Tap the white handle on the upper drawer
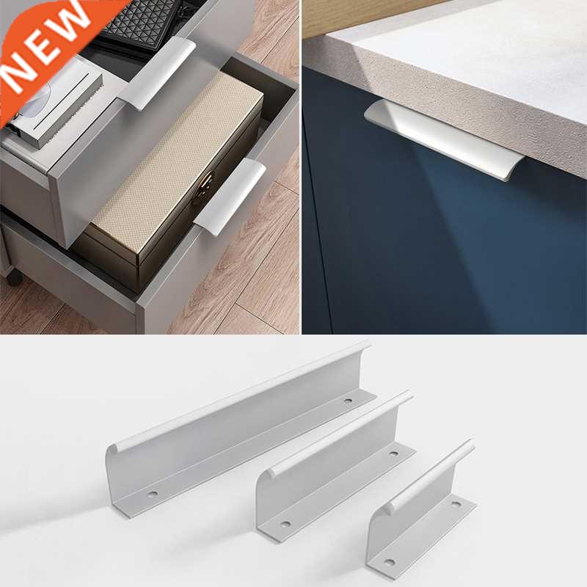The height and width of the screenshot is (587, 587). (158, 73)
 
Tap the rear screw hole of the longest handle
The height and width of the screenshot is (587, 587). (348, 401)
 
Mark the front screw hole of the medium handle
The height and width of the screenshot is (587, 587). (285, 524)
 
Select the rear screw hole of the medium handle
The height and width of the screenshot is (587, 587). (393, 453)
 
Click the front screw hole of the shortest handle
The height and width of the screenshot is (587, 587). (389, 563)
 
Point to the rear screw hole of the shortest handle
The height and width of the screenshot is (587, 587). (456, 506)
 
